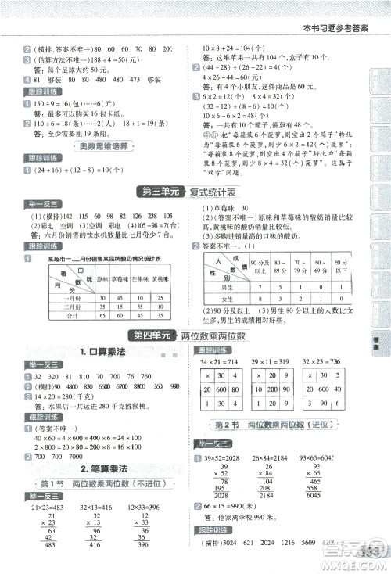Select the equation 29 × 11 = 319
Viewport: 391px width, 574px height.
click(271, 363)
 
